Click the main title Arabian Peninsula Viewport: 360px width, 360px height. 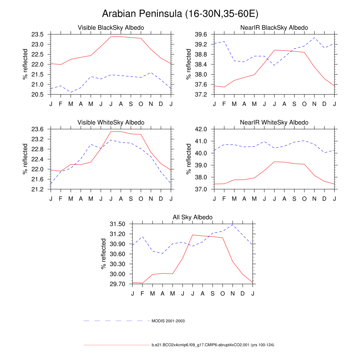click(x=180, y=14)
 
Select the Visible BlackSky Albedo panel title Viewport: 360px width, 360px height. click(x=111, y=27)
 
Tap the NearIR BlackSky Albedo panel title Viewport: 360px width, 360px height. click(x=274, y=27)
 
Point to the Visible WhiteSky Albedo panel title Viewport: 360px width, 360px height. click(x=111, y=122)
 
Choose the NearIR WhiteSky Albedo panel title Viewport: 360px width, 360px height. click(x=274, y=122)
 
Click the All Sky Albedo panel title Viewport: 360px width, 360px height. click(x=193, y=218)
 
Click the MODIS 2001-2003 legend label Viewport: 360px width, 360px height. click(x=168, y=321)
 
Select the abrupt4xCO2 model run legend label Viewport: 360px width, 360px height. click(x=213, y=345)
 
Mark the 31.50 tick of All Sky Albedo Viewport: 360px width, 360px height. click(x=117, y=224)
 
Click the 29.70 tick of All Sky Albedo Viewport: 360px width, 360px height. click(x=117, y=284)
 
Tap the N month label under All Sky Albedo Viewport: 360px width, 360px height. click(x=233, y=294)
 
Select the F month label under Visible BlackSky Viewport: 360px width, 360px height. click(x=60, y=104)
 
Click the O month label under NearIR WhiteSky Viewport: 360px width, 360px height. click(x=304, y=199)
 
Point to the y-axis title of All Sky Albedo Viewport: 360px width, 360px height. click(x=104, y=254)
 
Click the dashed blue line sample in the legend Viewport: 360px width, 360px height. click(x=116, y=321)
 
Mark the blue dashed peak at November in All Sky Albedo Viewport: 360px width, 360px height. click(x=233, y=225)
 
